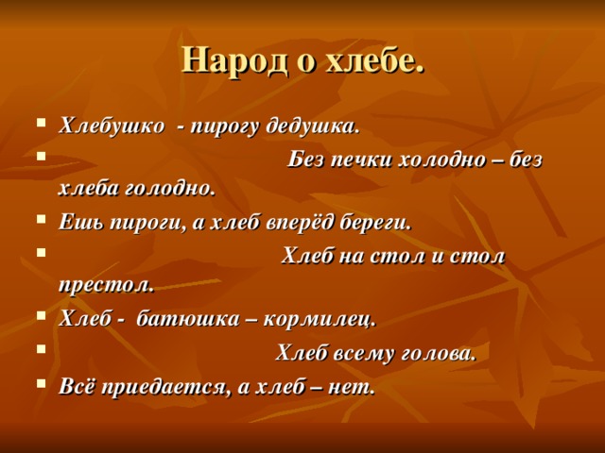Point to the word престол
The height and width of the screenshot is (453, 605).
tap(104, 285)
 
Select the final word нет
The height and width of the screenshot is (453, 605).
tap(351, 387)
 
